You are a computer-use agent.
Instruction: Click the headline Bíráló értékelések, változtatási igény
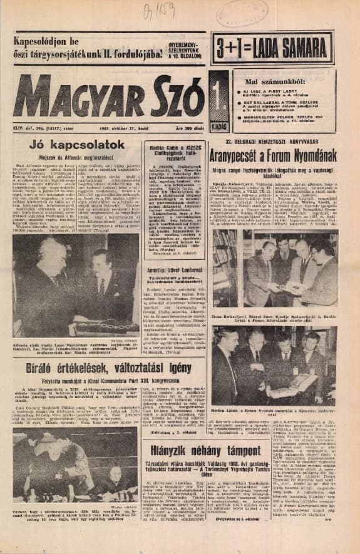(108, 367)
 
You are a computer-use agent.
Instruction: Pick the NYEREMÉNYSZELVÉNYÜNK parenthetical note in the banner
(183, 47)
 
